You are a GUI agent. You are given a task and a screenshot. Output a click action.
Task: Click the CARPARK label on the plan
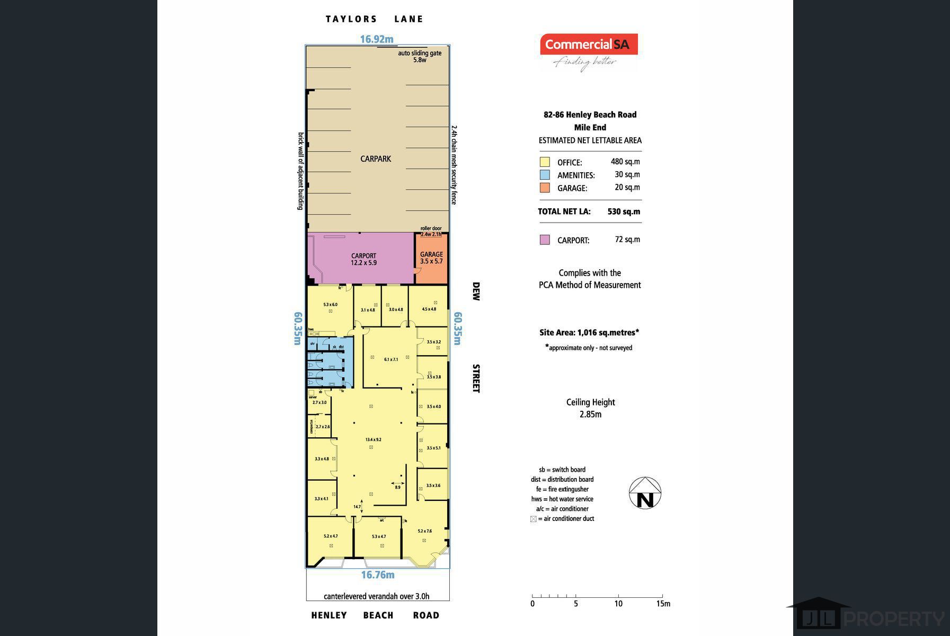(x=376, y=158)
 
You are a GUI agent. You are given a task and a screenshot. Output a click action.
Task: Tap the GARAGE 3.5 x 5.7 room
(x=431, y=258)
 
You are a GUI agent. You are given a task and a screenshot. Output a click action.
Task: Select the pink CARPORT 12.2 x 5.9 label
(x=363, y=259)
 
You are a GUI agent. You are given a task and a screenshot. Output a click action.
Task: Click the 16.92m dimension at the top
(x=377, y=39)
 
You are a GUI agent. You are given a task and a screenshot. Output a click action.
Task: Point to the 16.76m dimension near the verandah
(x=378, y=575)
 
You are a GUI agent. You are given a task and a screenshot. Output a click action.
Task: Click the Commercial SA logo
(x=589, y=45)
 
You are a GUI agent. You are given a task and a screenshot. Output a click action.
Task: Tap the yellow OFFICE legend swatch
(x=545, y=162)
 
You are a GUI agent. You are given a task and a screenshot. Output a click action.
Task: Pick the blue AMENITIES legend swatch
(x=545, y=175)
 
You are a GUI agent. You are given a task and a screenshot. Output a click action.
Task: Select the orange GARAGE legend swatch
(x=545, y=188)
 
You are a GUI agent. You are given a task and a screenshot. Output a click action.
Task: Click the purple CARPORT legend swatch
(x=545, y=240)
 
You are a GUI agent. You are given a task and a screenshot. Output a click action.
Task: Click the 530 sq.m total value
(x=624, y=211)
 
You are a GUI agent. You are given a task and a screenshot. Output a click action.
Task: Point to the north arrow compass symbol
(x=645, y=493)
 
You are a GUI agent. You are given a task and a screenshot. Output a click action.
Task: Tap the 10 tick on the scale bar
(x=618, y=603)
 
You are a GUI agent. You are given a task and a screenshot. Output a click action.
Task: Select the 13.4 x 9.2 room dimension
(x=373, y=439)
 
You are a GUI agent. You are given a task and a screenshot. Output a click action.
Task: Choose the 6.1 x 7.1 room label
(x=390, y=359)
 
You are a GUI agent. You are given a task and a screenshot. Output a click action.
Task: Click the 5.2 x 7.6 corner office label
(x=424, y=531)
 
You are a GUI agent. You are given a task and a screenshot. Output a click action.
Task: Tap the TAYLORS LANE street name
(x=374, y=19)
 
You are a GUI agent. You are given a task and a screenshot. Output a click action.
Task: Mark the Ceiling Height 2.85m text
(x=590, y=408)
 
